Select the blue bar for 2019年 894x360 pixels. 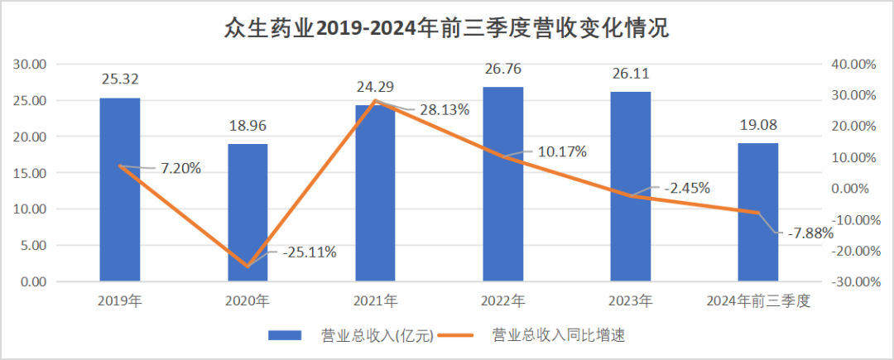(120, 190)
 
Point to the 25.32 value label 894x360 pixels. (120, 80)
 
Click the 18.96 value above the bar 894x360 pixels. (248, 127)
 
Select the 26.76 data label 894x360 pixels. (503, 70)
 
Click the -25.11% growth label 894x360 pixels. (309, 252)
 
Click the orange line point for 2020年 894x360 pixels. (248, 266)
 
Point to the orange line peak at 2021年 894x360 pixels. (375, 101)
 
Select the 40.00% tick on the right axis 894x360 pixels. (853, 65)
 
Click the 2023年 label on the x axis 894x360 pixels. (631, 301)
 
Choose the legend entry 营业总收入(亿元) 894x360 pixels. (348, 335)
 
